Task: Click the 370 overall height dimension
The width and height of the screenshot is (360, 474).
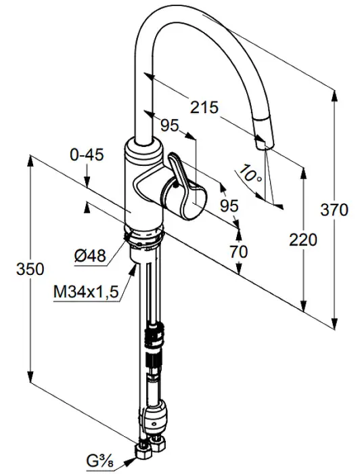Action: tap(334, 209)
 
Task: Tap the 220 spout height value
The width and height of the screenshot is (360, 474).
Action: tap(303, 240)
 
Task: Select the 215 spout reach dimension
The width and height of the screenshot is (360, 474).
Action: tap(204, 107)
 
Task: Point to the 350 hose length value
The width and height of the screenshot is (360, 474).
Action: tap(30, 269)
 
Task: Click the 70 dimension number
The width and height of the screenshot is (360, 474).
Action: tap(239, 251)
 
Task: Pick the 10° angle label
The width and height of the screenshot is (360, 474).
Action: tap(250, 173)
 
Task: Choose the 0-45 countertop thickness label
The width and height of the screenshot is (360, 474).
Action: tap(87, 155)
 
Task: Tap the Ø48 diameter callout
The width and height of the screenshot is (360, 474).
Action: tap(90, 256)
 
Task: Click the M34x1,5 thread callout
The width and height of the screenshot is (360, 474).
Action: tap(86, 292)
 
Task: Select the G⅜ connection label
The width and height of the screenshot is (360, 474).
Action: tap(100, 462)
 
